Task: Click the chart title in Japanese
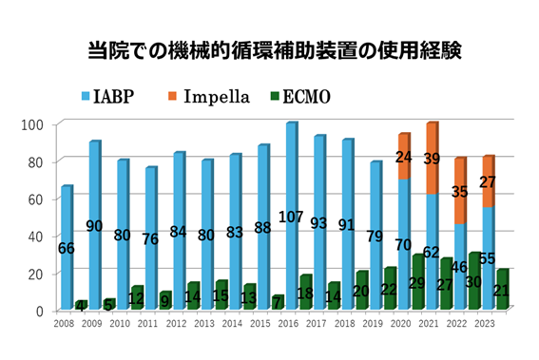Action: point(269,48)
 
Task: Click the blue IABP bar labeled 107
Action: point(291,190)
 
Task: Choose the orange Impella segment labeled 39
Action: point(433,158)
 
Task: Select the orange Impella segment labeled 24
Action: point(404,157)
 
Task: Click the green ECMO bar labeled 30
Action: point(474,281)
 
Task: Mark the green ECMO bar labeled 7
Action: point(279,303)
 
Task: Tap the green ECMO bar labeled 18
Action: point(306,293)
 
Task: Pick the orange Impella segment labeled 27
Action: point(488,181)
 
